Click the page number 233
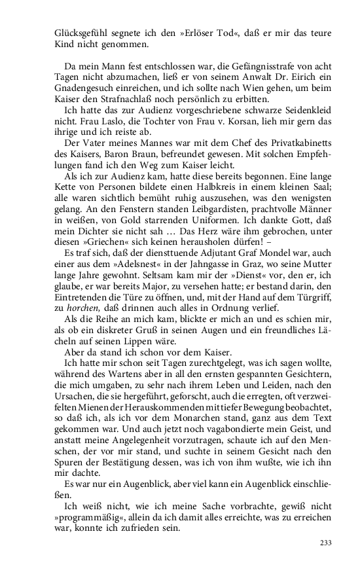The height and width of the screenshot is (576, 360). (325, 542)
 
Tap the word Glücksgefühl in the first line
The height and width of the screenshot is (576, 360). (75, 33)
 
